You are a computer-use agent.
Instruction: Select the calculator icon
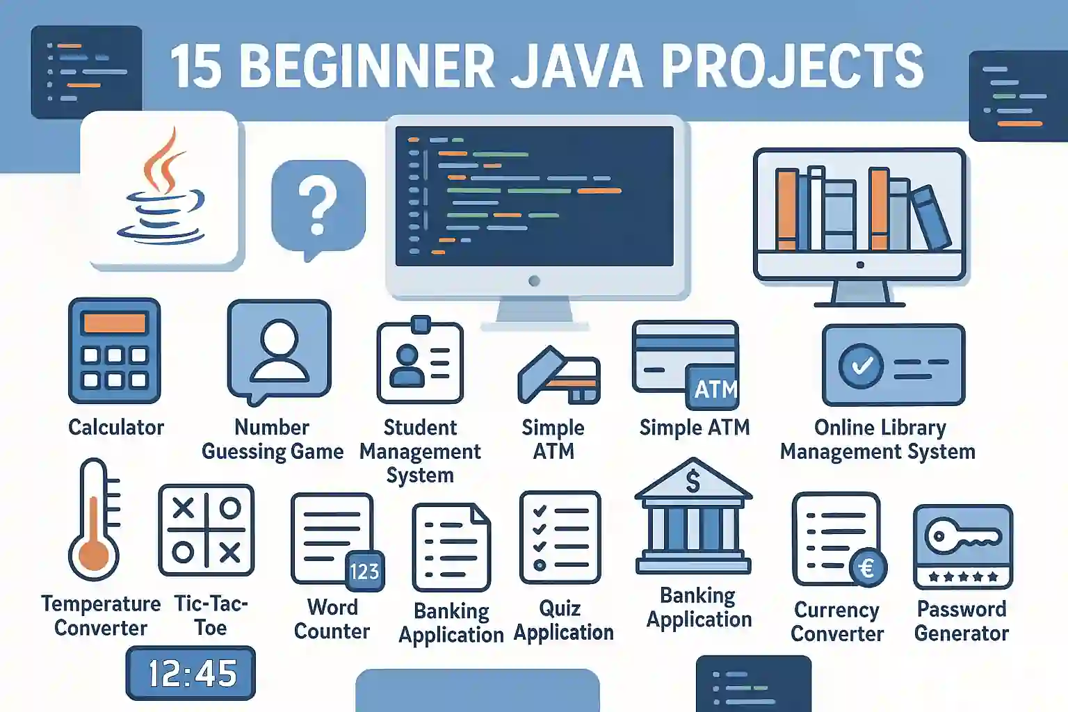point(115,350)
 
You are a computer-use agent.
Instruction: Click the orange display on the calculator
point(115,323)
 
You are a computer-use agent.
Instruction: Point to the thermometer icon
point(94,520)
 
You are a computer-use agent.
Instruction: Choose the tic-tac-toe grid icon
point(206,531)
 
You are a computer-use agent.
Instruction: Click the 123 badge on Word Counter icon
point(365,572)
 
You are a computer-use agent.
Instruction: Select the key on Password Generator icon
point(962,537)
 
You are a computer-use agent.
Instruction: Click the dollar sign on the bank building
point(693,480)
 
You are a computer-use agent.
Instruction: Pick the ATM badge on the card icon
point(713,388)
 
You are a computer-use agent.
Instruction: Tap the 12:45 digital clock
point(191,673)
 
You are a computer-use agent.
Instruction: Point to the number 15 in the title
point(197,67)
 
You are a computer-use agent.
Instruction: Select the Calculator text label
point(116,428)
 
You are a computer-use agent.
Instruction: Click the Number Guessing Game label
point(273,440)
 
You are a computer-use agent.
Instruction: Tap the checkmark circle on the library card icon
point(861,366)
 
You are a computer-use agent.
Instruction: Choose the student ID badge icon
point(420,359)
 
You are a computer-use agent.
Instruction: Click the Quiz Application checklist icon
point(560,537)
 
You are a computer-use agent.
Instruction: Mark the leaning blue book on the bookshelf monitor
point(932,218)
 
